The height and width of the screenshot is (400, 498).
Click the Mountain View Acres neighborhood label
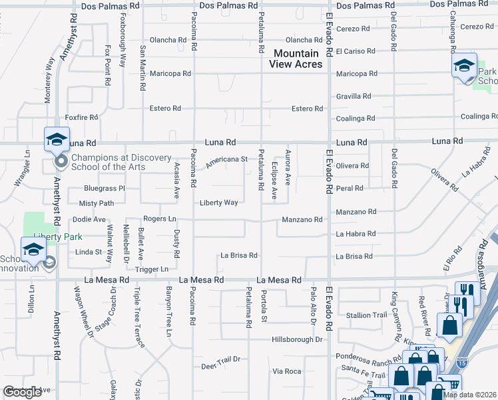point(296,59)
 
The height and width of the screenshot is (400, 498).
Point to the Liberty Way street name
point(219,203)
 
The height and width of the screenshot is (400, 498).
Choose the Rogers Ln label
point(160,219)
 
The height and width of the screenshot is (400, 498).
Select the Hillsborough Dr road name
point(297,339)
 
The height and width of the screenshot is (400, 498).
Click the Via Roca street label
point(288,371)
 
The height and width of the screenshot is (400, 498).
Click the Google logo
point(21,392)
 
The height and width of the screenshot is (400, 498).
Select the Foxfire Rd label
point(83,117)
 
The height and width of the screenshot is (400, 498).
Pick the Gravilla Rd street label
point(353,96)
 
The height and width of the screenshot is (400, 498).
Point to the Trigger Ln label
point(152,269)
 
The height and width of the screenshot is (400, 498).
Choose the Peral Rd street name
point(350,189)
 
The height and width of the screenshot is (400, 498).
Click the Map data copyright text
point(469,395)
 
